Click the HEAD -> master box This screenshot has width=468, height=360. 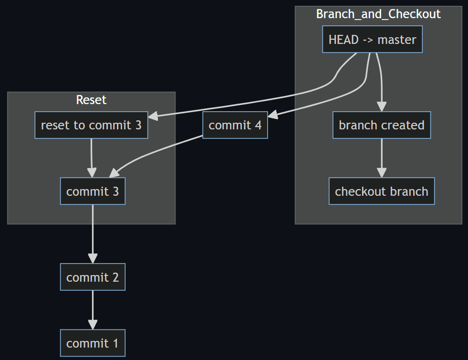[372, 39]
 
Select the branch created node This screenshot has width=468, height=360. [381, 125]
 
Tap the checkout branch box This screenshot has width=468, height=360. [381, 191]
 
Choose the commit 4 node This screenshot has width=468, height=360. [235, 125]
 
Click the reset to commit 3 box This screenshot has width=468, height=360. [91, 125]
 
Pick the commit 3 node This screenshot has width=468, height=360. [93, 191]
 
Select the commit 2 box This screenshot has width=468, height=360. [93, 277]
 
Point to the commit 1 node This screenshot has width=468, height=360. [93, 343]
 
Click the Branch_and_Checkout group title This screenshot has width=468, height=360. [378, 14]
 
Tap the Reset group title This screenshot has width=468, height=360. [91, 100]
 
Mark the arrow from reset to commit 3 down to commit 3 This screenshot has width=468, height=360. [92, 158]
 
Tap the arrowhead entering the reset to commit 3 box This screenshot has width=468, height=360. [153, 116]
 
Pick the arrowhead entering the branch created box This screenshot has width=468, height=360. [381, 107]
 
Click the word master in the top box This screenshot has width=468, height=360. [396, 39]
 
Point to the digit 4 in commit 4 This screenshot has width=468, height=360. [258, 125]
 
